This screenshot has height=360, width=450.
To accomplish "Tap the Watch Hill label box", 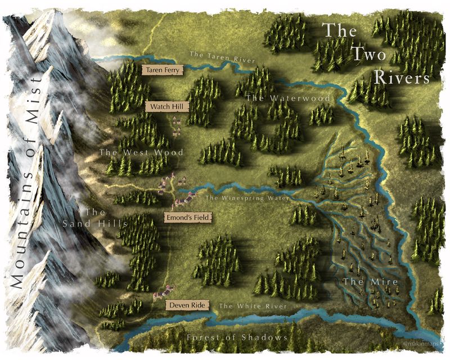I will [x=162, y=106].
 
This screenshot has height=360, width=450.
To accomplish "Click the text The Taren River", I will [x=222, y=57].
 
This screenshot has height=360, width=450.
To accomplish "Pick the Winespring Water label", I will [x=247, y=198].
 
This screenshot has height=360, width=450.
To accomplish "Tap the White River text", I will [x=253, y=306].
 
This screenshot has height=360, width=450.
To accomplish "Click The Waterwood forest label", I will [x=271, y=98].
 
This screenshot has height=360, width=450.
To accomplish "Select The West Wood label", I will [x=141, y=152].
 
